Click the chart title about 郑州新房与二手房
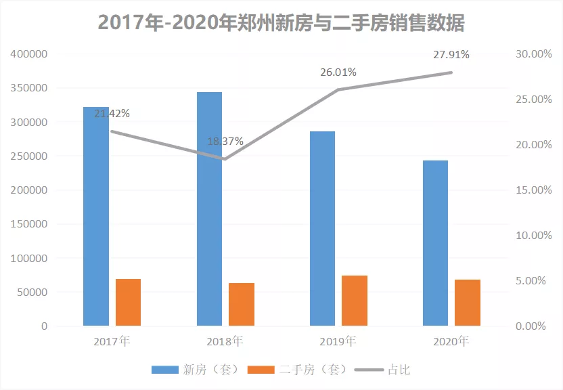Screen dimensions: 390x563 [x=281, y=22]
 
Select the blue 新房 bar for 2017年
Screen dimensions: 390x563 [x=96, y=217]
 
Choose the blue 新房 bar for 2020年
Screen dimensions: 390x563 [x=435, y=243]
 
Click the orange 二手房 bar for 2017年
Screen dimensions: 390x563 [x=128, y=302]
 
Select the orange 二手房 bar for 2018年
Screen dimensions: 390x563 [x=242, y=304]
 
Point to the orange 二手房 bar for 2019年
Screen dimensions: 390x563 [x=355, y=301]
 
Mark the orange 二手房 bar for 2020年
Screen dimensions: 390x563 [x=468, y=303]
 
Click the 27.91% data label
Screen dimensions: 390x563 [x=451, y=55]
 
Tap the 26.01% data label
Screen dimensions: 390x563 [x=338, y=72]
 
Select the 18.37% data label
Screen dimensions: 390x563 [x=225, y=142]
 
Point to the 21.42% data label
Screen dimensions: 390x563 [x=112, y=113]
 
